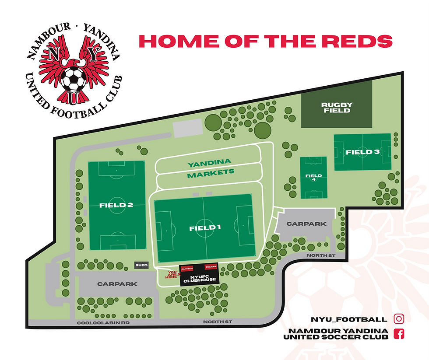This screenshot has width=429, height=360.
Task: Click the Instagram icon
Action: point(399,319)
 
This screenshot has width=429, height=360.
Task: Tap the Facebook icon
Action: point(399,334)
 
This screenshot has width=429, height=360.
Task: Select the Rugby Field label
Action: point(337,107)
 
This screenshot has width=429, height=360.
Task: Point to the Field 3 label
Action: point(362,152)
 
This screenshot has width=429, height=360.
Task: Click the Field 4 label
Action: point(313,177)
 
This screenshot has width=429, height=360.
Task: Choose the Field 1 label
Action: point(205,227)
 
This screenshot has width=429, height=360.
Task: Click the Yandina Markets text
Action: point(210,168)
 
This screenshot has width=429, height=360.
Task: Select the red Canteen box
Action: point(187,268)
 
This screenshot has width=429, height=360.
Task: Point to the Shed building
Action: point(141,266)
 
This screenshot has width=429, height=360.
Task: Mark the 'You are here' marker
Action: point(172,274)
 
